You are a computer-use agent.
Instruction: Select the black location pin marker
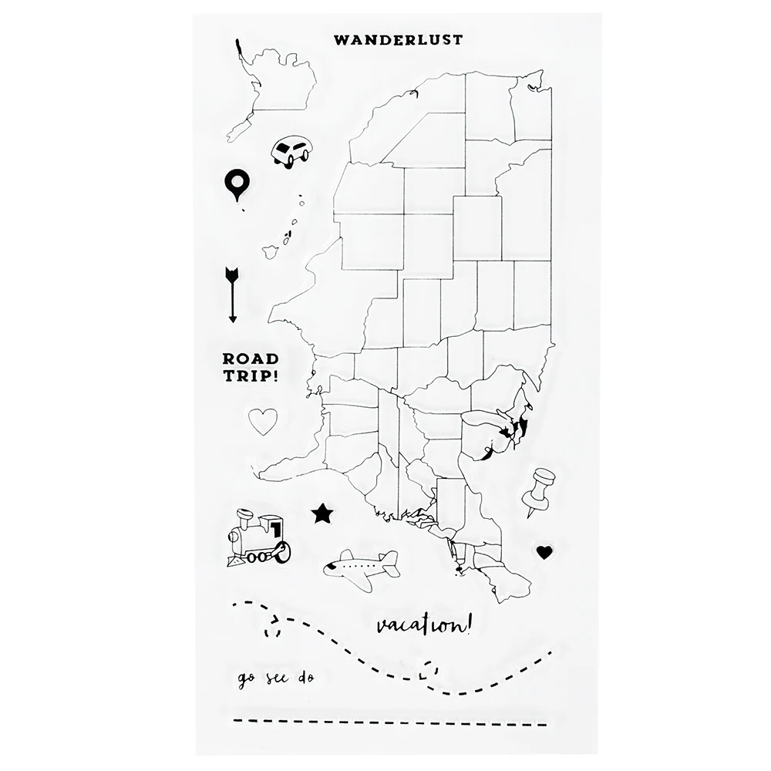tap(237, 185)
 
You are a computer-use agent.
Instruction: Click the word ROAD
tap(251, 359)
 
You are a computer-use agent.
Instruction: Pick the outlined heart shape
tap(263, 421)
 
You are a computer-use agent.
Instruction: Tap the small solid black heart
tap(544, 552)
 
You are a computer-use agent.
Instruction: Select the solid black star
tap(322, 512)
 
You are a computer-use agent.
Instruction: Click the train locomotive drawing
tap(258, 540)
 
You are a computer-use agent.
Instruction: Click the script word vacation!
tap(423, 625)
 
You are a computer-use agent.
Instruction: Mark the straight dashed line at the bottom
tap(389, 722)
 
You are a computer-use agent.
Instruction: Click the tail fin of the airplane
tap(389, 559)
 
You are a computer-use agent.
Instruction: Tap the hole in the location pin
tap(237, 181)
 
